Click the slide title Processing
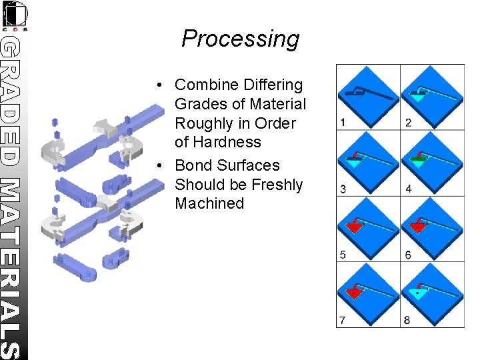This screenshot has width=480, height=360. [x=240, y=39]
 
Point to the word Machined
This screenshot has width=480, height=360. [x=209, y=203]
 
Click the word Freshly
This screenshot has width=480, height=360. [x=275, y=185]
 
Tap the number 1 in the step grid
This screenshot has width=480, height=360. [x=342, y=123]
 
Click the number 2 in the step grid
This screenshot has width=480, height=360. [x=408, y=123]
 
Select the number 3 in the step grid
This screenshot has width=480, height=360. [x=342, y=189]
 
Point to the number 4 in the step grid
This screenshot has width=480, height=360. [x=408, y=189]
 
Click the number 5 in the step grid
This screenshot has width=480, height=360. [x=342, y=255]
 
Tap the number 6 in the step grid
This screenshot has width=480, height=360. [x=408, y=255]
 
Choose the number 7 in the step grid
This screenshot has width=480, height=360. [x=342, y=320]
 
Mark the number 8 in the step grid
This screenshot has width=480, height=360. [x=408, y=320]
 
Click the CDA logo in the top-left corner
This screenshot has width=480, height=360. [x=15, y=15]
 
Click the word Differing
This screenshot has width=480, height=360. [x=271, y=85]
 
